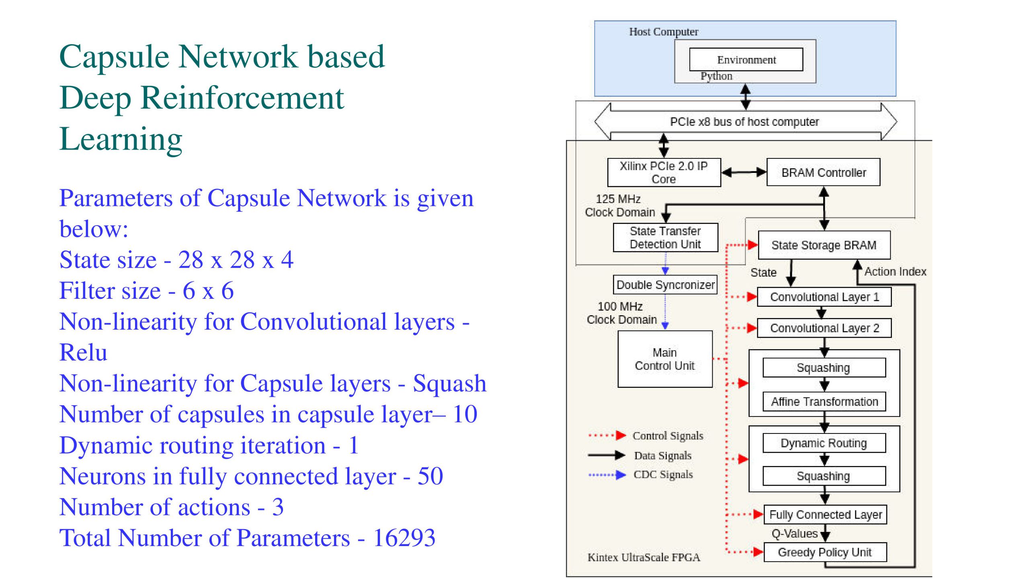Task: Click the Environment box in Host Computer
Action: pos(746,60)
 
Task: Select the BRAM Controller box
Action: pos(823,172)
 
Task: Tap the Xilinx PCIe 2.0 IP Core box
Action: pos(664,172)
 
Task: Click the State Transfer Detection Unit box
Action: pos(665,238)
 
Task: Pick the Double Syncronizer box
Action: pos(665,285)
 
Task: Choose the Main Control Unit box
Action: pos(665,359)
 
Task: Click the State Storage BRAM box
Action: pos(824,245)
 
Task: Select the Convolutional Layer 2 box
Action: pos(824,328)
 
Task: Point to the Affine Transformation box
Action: pos(824,402)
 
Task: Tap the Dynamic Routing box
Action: pos(824,443)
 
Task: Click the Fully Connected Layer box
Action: pos(825,515)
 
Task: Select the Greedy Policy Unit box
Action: pos(825,552)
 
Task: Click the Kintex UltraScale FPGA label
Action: pos(644,557)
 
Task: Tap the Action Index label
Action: pos(895,272)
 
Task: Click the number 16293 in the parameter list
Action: pos(404,538)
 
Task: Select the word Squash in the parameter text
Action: pos(449,384)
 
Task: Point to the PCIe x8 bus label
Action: pos(744,122)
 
